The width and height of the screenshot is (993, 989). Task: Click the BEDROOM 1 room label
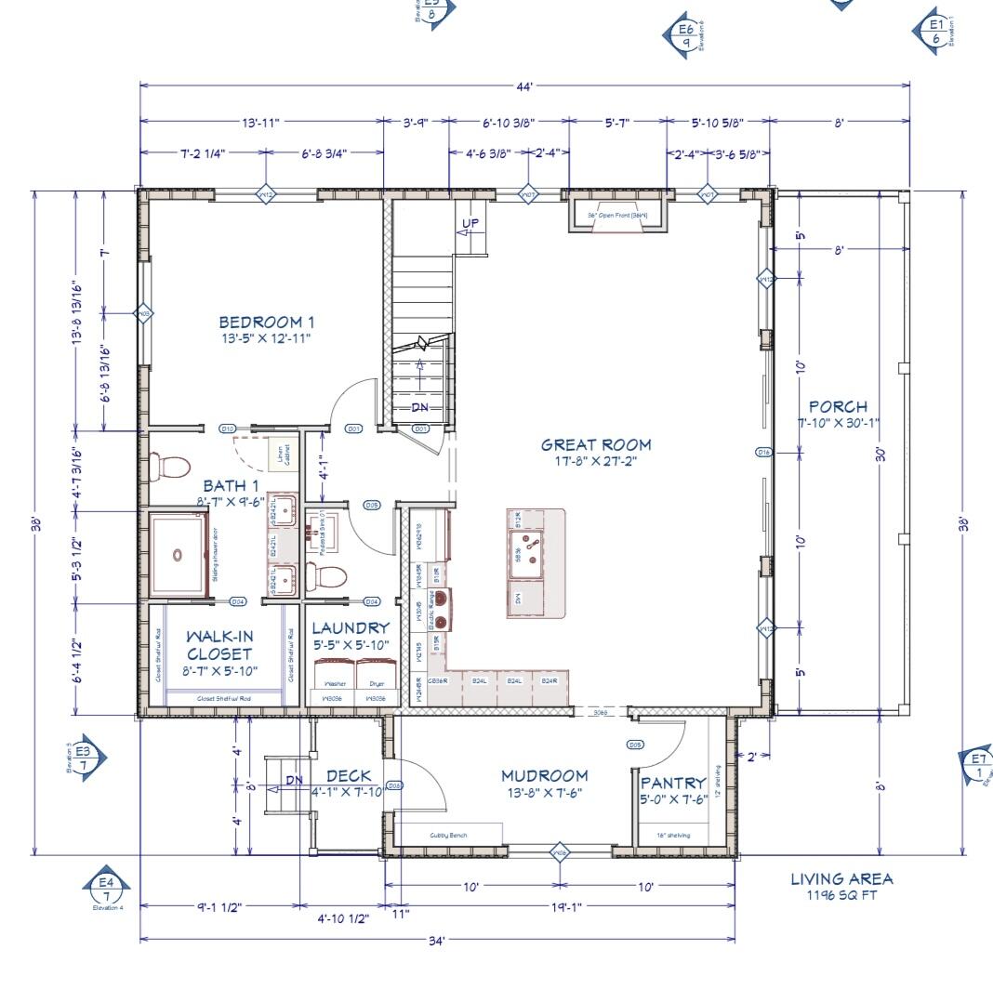(x=266, y=323)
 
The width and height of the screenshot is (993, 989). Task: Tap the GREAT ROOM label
(x=596, y=445)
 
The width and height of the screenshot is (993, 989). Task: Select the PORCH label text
(x=838, y=406)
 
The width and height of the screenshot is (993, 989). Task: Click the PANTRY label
(x=673, y=784)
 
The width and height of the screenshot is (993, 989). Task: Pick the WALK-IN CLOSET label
(x=219, y=645)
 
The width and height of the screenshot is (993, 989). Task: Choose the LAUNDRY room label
(x=351, y=628)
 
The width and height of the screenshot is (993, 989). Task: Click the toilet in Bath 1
(x=168, y=466)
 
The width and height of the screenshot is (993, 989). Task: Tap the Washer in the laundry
(x=334, y=676)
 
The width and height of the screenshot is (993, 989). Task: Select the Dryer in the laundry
(x=376, y=676)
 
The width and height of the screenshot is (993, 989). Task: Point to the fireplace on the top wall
(x=617, y=214)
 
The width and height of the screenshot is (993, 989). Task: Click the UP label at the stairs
(x=471, y=223)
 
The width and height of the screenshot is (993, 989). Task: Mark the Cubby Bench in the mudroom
(x=449, y=834)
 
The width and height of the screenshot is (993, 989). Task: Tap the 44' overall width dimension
(x=524, y=86)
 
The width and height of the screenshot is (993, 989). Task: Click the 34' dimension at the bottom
(x=437, y=939)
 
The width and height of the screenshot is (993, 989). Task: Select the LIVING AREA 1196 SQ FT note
(x=841, y=887)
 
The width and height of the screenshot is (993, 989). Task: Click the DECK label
(x=349, y=776)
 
